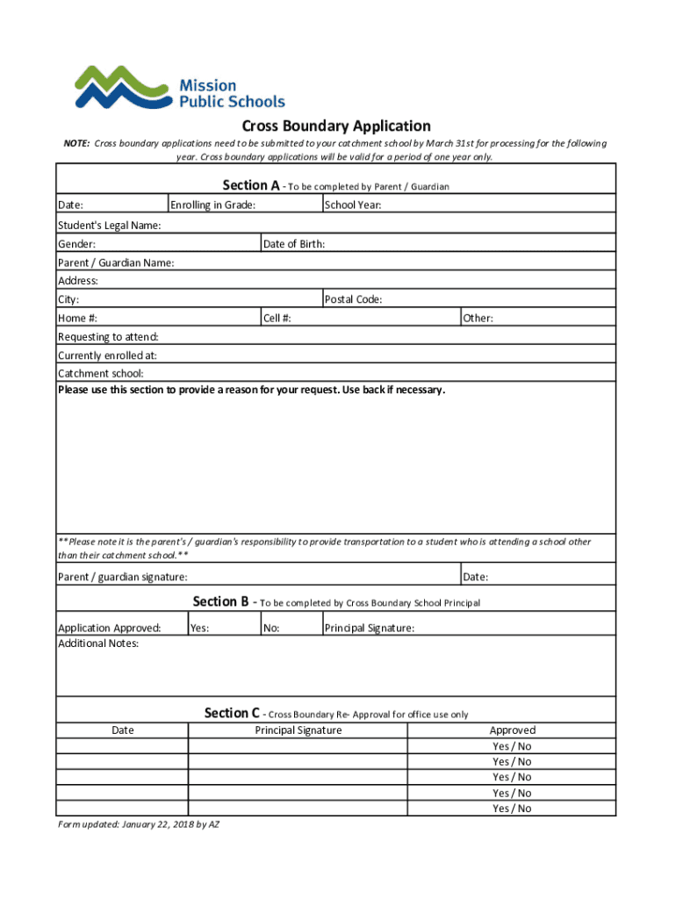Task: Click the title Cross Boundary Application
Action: click(x=336, y=126)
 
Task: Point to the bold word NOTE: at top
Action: click(x=76, y=143)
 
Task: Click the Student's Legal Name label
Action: click(x=109, y=226)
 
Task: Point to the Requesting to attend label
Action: click(x=108, y=337)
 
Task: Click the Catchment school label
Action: click(x=100, y=373)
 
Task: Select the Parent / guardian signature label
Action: click(x=122, y=577)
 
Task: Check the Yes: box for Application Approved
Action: click(x=223, y=628)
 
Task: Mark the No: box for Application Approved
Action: click(x=291, y=628)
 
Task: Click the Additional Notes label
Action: click(x=97, y=644)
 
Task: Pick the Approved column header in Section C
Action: click(x=512, y=730)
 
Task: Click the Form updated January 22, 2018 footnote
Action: click(x=138, y=825)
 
